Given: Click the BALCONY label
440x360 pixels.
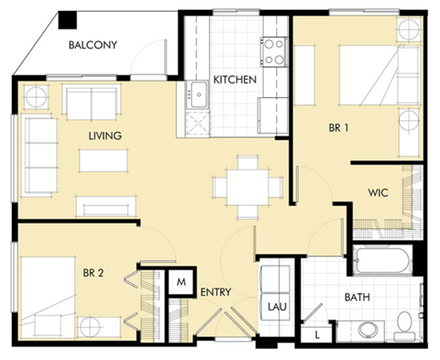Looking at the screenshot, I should coord(93,45).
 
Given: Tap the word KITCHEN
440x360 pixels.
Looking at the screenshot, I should coord(235,80).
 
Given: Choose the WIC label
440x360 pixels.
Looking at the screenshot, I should coord(380,193).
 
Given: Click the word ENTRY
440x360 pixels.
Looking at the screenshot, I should coord(214,293).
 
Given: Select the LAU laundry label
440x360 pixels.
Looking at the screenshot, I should coord(275,307).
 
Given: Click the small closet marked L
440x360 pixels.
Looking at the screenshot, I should coord(316,336).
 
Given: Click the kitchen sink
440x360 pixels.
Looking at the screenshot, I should coord(197,91).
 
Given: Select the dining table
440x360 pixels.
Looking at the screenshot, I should coord(247,186).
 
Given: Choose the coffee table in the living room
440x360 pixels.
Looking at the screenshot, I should coord(103,160).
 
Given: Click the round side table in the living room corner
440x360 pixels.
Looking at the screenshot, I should coord(34,96).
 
